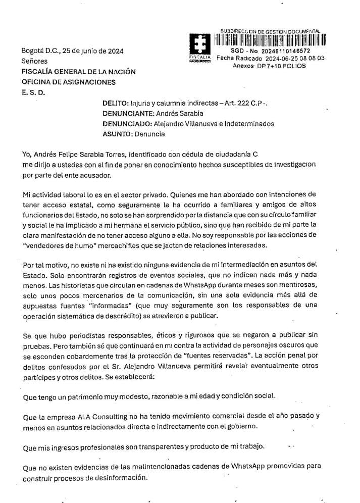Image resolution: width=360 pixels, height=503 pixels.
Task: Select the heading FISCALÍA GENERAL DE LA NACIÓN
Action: (x=78, y=72)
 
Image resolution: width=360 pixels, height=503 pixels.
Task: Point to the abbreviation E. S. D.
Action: (x=33, y=92)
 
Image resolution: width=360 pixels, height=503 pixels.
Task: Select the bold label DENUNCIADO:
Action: (x=127, y=124)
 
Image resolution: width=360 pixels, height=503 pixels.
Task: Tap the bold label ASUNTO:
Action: (x=117, y=134)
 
